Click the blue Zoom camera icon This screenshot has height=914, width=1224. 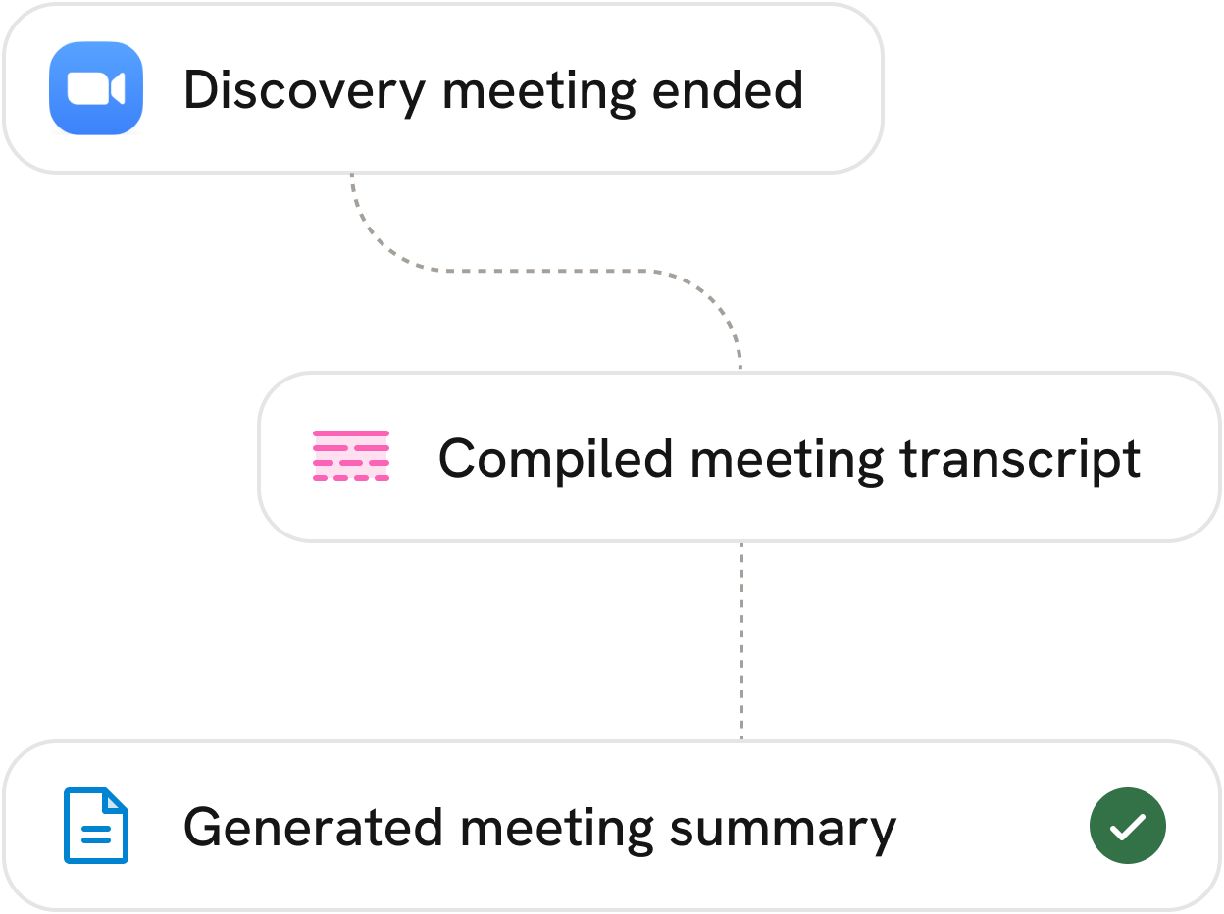96,88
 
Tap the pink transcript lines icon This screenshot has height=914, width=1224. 351,456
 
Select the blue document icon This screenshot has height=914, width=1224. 96,826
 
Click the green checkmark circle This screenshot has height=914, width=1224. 1128,827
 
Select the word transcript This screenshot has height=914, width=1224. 1020,459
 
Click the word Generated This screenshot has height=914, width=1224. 313,828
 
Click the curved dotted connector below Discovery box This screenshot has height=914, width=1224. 549,270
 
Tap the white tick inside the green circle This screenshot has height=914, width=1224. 1128,828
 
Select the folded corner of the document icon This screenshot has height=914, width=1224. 118,800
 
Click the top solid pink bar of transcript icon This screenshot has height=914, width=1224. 351,433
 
